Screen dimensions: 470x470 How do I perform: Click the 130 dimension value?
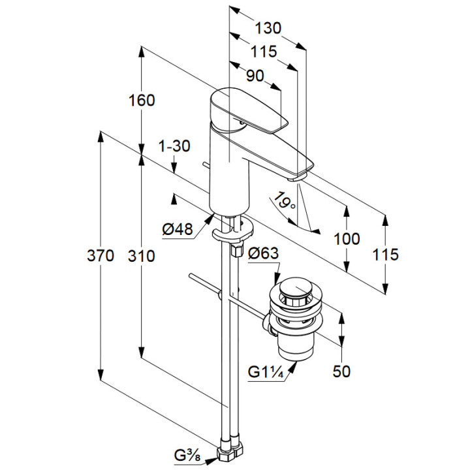click(x=268, y=28)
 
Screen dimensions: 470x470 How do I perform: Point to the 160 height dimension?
click(x=142, y=101)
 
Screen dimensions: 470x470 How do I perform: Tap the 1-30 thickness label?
click(x=174, y=146)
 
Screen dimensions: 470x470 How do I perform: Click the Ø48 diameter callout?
click(x=178, y=229)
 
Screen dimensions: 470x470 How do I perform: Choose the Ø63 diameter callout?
click(x=264, y=253)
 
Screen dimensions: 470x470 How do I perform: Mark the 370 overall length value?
click(x=102, y=256)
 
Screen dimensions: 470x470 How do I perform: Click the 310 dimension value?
click(x=142, y=256)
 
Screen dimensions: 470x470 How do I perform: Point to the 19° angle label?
click(x=285, y=199)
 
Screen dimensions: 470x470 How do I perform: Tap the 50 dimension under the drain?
click(x=341, y=371)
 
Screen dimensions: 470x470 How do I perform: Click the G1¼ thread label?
click(x=265, y=372)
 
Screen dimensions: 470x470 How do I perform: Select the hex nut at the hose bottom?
click(x=234, y=450)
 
